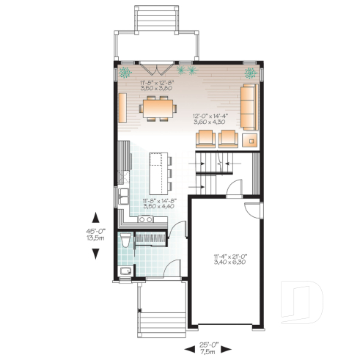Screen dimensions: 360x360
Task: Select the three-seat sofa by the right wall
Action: tap(249, 106)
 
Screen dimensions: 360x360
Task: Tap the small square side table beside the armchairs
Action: tap(251, 139)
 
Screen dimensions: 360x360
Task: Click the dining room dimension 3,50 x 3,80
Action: tap(153, 87)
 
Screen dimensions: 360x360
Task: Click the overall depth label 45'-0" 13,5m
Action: tap(95, 234)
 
